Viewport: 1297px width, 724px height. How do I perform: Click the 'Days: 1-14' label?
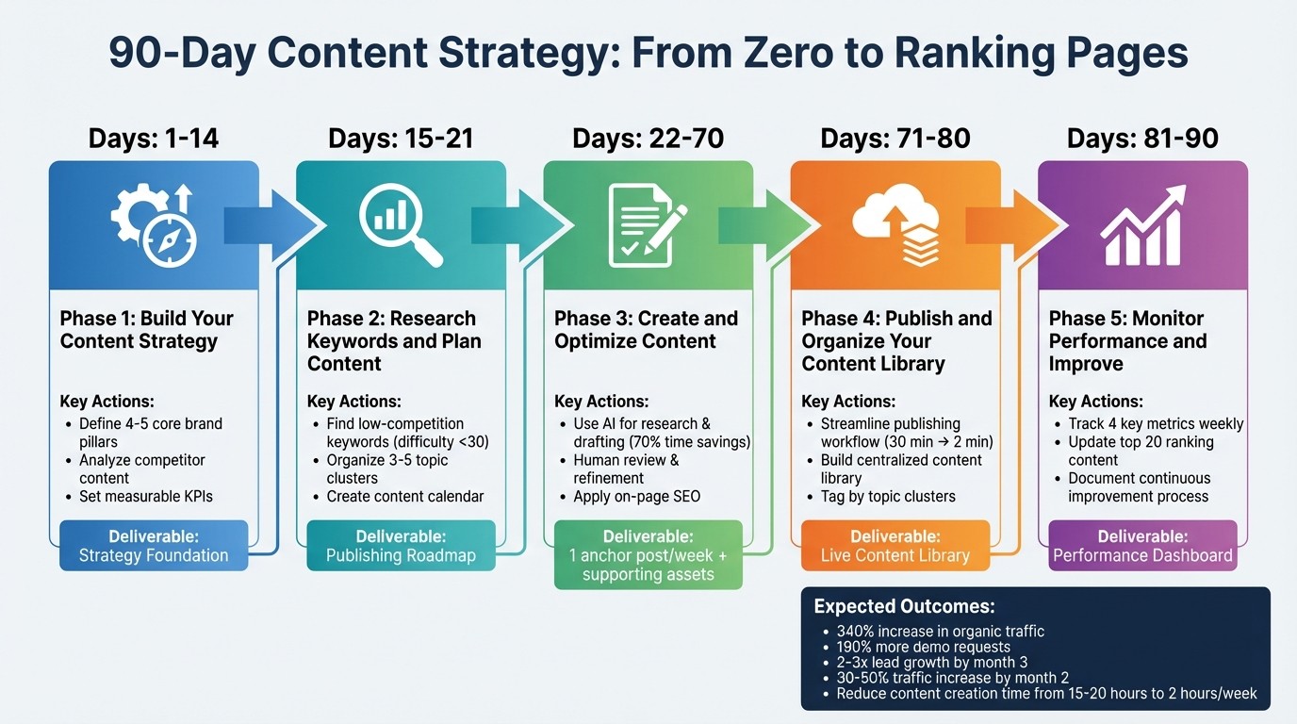154,139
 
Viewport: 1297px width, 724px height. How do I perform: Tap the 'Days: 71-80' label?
895,139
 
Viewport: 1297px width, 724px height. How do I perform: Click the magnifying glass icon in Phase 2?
401,224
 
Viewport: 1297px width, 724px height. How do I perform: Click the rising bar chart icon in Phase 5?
1142,224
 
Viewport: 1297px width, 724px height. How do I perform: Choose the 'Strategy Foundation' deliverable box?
154,546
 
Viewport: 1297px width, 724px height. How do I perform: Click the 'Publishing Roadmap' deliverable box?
401,546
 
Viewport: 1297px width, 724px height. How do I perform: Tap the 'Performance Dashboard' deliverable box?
1142,546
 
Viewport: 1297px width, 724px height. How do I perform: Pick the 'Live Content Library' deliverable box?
895,546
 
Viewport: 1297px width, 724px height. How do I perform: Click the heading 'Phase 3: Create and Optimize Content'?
648,330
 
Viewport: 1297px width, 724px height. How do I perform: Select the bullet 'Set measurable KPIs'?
152,496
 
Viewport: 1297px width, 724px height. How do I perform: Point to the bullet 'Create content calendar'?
404,496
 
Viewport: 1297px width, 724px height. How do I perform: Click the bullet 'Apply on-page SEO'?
636,496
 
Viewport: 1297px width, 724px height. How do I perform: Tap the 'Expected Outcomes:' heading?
904,607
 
